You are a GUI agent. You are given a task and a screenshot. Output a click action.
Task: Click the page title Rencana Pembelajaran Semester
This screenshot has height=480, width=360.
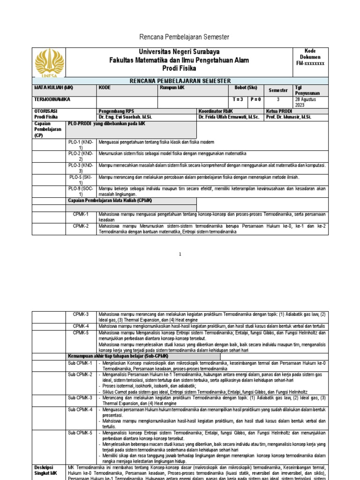180,37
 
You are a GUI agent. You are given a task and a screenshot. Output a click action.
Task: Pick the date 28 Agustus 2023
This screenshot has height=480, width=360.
307,103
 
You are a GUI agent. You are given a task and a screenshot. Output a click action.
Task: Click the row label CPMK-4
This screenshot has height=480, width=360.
80,326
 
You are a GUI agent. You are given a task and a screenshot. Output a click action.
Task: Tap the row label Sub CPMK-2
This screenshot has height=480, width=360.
80,375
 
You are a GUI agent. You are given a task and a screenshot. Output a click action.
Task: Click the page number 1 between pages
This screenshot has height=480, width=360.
180,254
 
